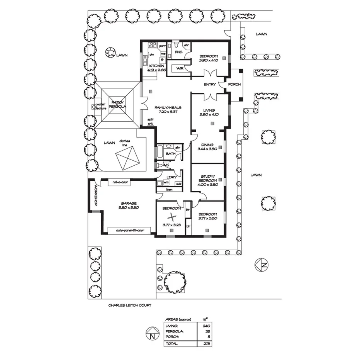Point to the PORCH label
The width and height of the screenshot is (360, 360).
point(234,85)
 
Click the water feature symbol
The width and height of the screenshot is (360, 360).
point(93,106)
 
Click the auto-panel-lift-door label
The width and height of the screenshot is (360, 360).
point(130,231)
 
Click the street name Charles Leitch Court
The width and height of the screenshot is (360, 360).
point(129,305)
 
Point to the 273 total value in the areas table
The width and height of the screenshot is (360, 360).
point(205,343)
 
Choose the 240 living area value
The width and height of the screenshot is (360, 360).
point(206,326)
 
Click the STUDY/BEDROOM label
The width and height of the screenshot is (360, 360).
point(208,182)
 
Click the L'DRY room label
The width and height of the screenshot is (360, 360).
point(172,177)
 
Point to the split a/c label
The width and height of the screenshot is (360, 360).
point(150,122)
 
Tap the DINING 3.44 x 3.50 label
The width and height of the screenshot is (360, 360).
point(208,147)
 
